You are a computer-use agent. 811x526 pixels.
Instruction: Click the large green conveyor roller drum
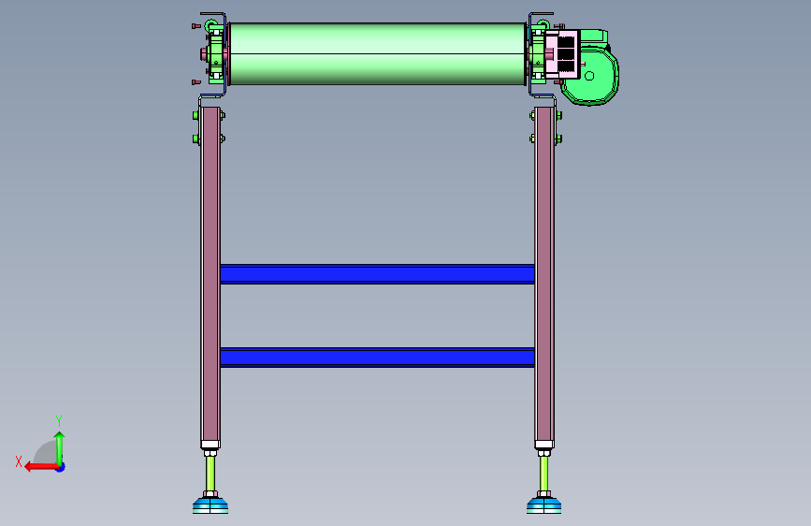pos(378,53)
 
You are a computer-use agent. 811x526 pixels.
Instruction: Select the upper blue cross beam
pos(378,274)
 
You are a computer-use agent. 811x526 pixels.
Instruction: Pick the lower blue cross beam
pos(378,358)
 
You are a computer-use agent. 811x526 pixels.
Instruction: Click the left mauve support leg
pos(210,274)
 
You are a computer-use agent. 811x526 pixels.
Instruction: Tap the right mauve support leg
pos(544,274)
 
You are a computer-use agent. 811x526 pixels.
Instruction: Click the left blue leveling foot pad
pos(210,505)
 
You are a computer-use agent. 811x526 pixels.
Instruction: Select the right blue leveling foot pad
pos(544,505)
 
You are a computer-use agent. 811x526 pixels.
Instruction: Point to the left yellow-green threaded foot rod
pos(210,474)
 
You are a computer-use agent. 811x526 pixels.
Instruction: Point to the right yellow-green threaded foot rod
pos(543,474)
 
